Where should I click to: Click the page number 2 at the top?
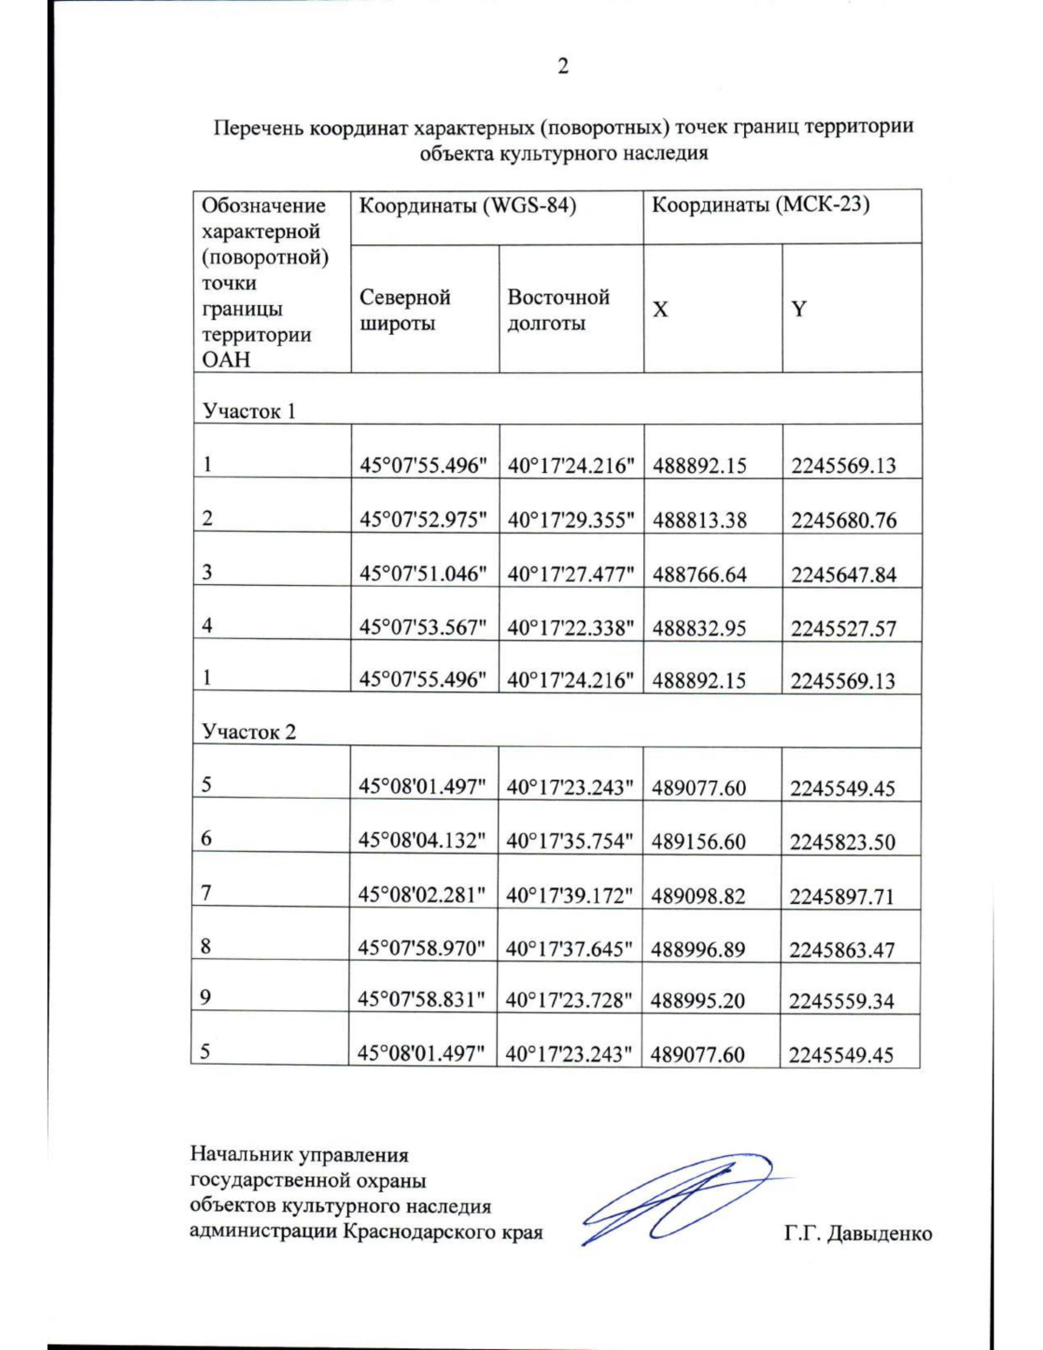562,66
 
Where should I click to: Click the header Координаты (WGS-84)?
468,206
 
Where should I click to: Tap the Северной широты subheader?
405,310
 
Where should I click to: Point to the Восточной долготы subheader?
558,310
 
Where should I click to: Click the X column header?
661,309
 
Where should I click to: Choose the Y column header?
799,309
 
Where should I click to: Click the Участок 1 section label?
249,411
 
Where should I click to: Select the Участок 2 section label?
249,732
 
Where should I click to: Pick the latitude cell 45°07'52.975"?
423,520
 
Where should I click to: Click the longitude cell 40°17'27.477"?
570,574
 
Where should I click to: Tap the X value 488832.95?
699,628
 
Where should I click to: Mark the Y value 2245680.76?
843,520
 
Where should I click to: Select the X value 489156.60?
698,841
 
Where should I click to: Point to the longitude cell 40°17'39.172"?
569,895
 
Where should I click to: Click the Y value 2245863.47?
841,949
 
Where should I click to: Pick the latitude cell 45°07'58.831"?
422,1000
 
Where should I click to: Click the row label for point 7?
206,893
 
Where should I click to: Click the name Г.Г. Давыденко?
857,1234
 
